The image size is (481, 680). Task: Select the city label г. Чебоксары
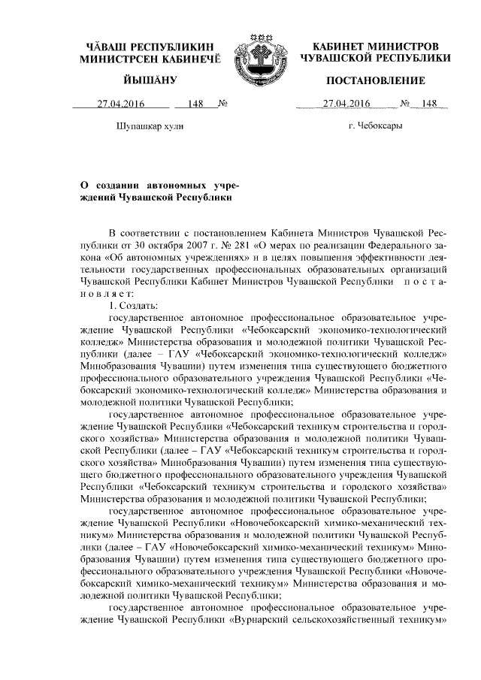coord(375,125)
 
